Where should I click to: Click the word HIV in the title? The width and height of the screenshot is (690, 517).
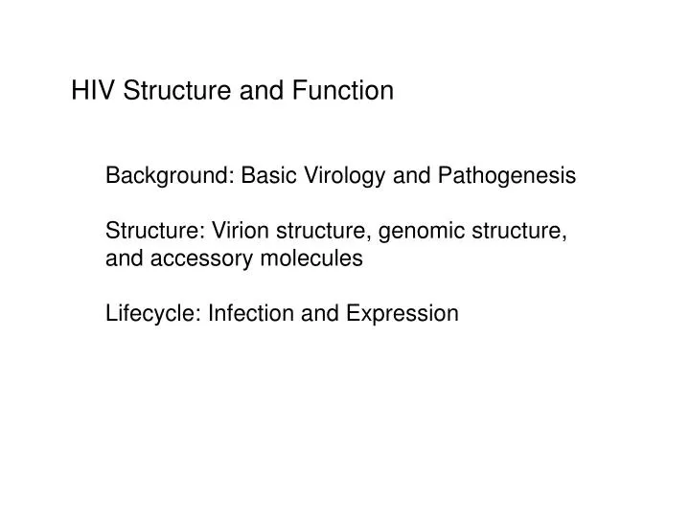[92, 91]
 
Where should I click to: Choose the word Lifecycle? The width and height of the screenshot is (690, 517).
[149, 313]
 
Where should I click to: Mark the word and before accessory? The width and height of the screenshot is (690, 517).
[123, 258]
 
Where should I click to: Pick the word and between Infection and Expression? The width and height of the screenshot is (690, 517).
[307, 313]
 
